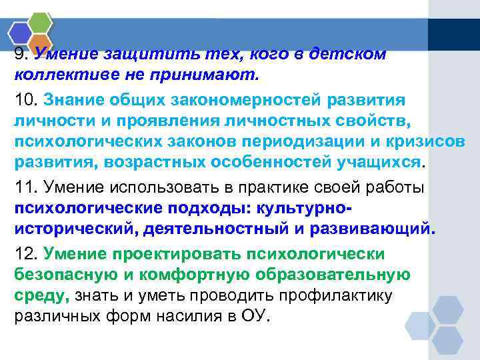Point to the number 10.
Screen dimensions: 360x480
(26, 100)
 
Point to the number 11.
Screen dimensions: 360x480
(25, 188)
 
